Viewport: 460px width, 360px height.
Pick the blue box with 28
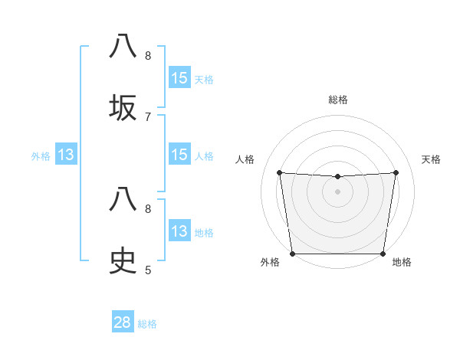(123, 322)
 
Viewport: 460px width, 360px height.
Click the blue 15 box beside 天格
(179, 78)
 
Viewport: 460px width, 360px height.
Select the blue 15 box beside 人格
(179, 155)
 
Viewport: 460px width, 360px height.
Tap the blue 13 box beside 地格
(179, 231)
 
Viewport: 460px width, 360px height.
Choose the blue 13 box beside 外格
(66, 155)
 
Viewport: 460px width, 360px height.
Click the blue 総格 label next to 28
(147, 324)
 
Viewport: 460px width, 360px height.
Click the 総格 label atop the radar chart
(337, 100)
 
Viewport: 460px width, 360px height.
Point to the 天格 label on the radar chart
(431, 159)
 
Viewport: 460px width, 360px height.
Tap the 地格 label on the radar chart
(402, 262)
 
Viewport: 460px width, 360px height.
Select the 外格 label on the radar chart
(270, 262)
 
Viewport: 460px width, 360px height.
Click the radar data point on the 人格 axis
(279, 172)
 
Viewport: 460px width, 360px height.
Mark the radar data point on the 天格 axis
(396, 172)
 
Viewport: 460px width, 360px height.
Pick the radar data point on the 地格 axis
(383, 254)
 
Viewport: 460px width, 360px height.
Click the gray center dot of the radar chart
(337, 191)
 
